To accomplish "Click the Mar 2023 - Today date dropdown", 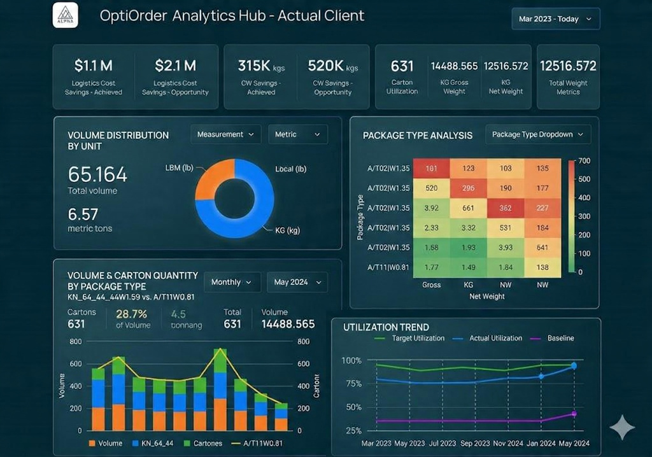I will (555, 19).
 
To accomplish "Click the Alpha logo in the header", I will (65, 15).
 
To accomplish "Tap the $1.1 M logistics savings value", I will (93, 66).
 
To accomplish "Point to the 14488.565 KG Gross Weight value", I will (454, 66).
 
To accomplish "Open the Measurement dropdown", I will (225, 134).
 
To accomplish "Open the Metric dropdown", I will (297, 134).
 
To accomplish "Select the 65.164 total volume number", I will (97, 174).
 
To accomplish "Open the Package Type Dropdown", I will (537, 134).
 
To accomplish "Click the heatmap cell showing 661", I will (468, 207).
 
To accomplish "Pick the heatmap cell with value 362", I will (506, 207).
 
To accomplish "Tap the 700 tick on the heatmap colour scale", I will (585, 160).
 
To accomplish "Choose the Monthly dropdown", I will (232, 282).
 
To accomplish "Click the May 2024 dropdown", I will (297, 282).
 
